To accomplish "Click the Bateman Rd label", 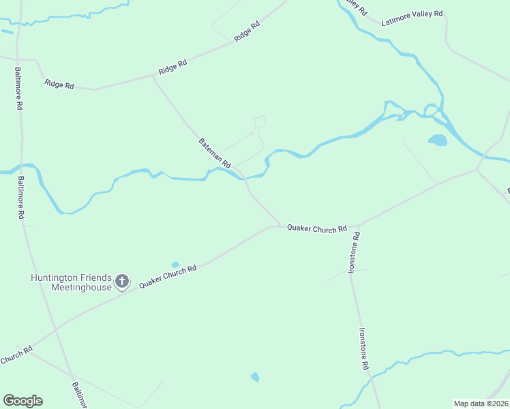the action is point(215,153).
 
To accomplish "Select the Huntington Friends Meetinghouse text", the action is point(72,282).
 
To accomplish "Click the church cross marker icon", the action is point(122,281).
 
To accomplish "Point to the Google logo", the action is point(22,401).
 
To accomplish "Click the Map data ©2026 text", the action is point(481,403).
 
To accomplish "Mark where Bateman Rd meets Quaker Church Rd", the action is point(280,226).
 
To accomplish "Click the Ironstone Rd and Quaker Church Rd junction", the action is point(354,226).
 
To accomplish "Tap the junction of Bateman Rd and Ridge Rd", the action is point(153,76).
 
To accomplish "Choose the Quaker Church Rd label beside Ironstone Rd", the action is point(317,229).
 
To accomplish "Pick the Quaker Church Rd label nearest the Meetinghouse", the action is point(168,277).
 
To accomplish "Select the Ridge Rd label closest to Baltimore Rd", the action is point(59,84).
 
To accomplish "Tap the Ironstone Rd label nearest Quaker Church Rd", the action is point(354,252).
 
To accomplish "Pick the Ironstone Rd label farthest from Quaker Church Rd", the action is point(363,349).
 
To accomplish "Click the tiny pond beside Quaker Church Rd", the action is point(175,264).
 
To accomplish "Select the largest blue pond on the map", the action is point(437,140).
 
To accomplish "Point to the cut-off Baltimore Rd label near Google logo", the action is point(78,395).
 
